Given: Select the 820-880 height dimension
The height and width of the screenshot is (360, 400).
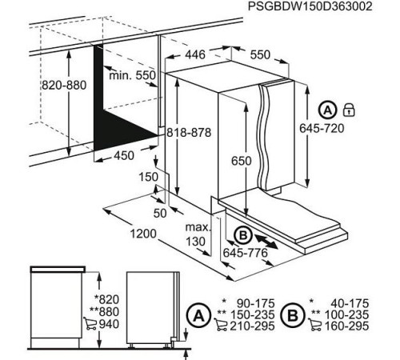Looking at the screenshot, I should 65,85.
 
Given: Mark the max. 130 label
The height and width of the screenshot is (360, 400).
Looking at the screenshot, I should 198,235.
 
